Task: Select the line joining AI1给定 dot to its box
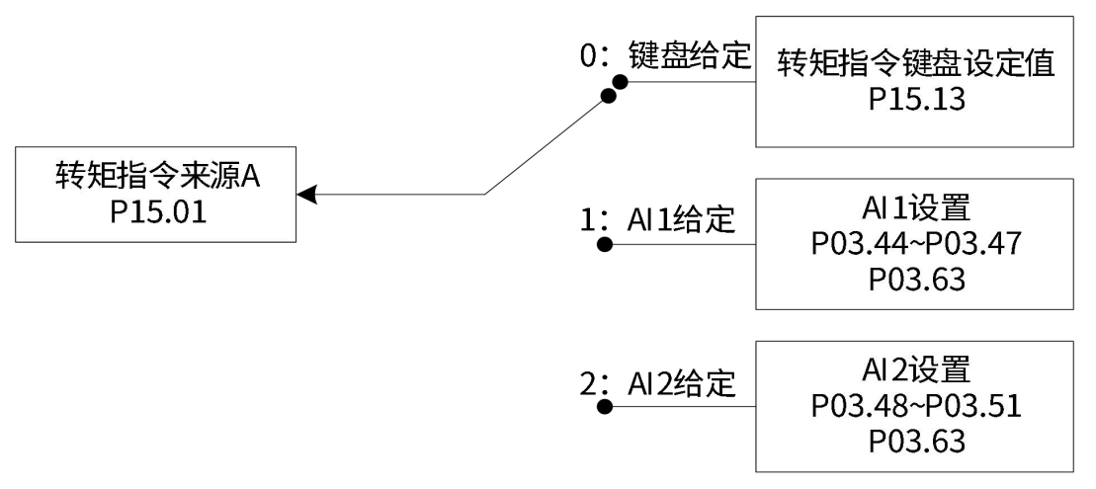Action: pyautogui.click(x=682, y=244)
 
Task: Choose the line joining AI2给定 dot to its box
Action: pyautogui.click(x=682, y=406)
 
